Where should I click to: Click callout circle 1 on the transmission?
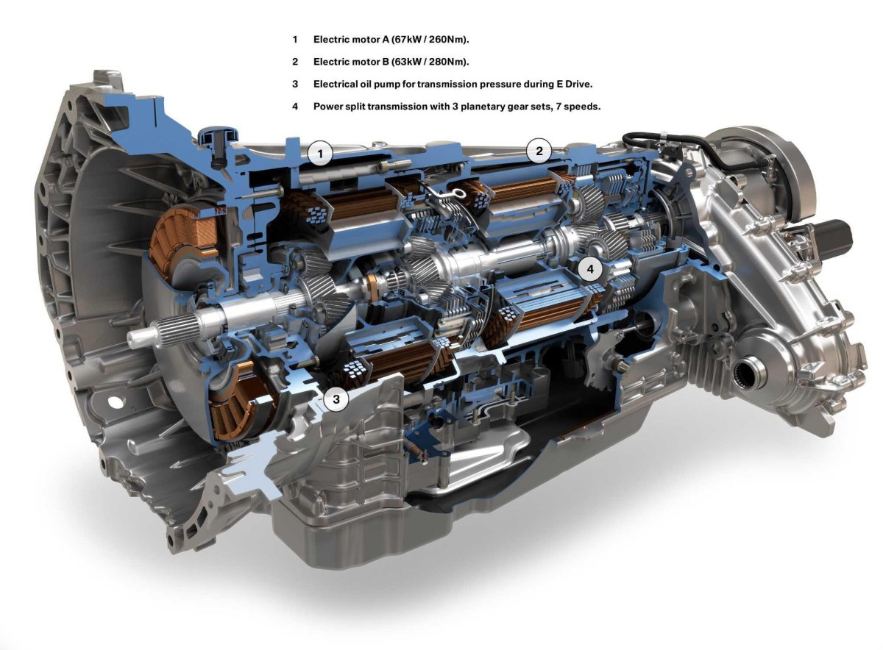(321, 154)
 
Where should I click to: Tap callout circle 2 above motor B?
(539, 151)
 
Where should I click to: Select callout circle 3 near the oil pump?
(336, 399)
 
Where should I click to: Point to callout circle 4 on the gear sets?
(590, 270)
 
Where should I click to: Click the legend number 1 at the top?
(295, 39)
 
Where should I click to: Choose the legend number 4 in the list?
(295, 106)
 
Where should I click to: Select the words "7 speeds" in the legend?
(581, 106)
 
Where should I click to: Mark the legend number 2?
(295, 61)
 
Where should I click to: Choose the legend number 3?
(295, 84)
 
